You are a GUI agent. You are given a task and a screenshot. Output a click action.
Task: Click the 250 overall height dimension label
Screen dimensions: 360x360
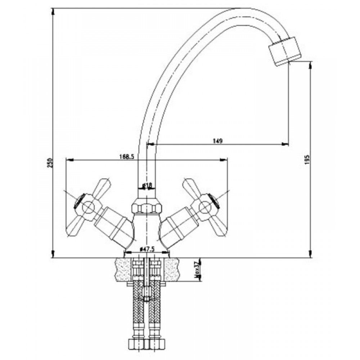(x=50, y=163)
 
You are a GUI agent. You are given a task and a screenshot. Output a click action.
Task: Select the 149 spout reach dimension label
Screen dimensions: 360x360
(x=218, y=141)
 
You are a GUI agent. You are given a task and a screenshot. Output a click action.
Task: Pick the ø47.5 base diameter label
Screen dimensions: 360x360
(x=147, y=249)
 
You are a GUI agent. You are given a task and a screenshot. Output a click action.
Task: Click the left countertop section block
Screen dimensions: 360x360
(x=123, y=269)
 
